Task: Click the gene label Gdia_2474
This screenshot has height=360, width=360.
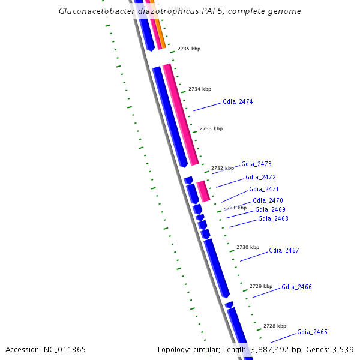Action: tap(238, 102)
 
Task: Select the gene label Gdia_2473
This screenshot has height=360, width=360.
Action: tap(256, 164)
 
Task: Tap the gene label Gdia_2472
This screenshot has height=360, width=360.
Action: tap(260, 178)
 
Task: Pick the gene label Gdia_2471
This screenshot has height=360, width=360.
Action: tap(264, 190)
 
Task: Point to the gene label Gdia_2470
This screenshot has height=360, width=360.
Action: tap(268, 201)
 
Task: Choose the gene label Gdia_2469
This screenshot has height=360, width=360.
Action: tap(270, 210)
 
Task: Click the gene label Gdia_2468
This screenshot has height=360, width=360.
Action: tap(273, 219)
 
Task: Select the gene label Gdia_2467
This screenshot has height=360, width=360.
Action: tap(284, 251)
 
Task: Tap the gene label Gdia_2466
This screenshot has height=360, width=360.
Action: tap(296, 287)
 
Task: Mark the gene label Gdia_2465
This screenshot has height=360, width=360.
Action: tap(312, 332)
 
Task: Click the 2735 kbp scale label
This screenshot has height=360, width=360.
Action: tap(188, 49)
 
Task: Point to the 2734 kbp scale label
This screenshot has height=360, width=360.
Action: tap(200, 89)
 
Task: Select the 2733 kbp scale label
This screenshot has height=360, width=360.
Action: tap(211, 128)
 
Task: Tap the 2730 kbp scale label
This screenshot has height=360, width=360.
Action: tap(248, 247)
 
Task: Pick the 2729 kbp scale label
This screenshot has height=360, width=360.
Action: tap(261, 286)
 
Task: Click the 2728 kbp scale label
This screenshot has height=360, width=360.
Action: tap(275, 326)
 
